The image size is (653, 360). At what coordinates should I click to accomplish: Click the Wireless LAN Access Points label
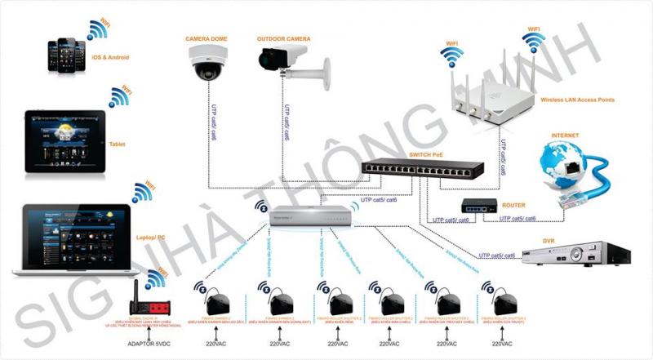click(x=577, y=99)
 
